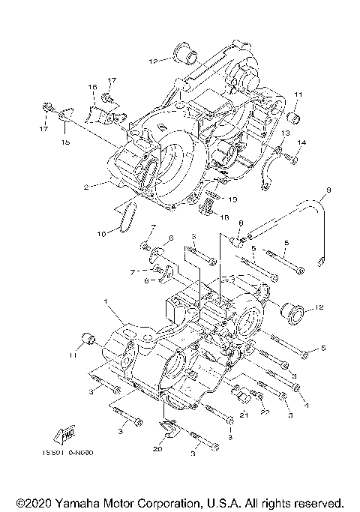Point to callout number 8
tap(241, 223)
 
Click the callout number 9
tap(327, 190)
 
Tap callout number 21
tap(243, 415)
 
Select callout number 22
tap(264, 409)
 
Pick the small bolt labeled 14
tap(293, 158)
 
